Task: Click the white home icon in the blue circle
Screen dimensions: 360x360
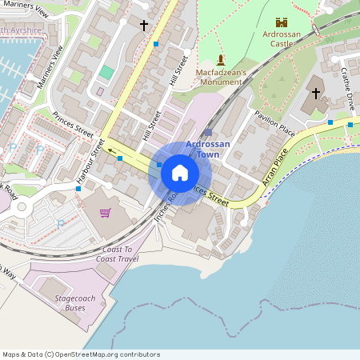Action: click(x=180, y=173)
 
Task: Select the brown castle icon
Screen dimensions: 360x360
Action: click(x=281, y=22)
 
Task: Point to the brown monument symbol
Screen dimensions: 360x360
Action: click(x=221, y=59)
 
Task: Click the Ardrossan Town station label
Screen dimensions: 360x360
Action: click(x=208, y=149)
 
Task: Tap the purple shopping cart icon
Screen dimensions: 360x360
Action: click(x=105, y=212)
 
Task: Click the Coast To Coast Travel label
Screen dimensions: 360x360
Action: click(x=118, y=254)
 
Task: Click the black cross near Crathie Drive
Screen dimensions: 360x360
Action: click(x=315, y=94)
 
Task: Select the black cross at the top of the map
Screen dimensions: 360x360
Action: click(x=144, y=26)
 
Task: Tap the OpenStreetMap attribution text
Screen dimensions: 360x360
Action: click(x=80, y=354)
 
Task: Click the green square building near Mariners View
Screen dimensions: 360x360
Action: click(x=106, y=72)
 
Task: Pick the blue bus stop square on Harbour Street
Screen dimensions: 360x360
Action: click(x=120, y=158)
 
